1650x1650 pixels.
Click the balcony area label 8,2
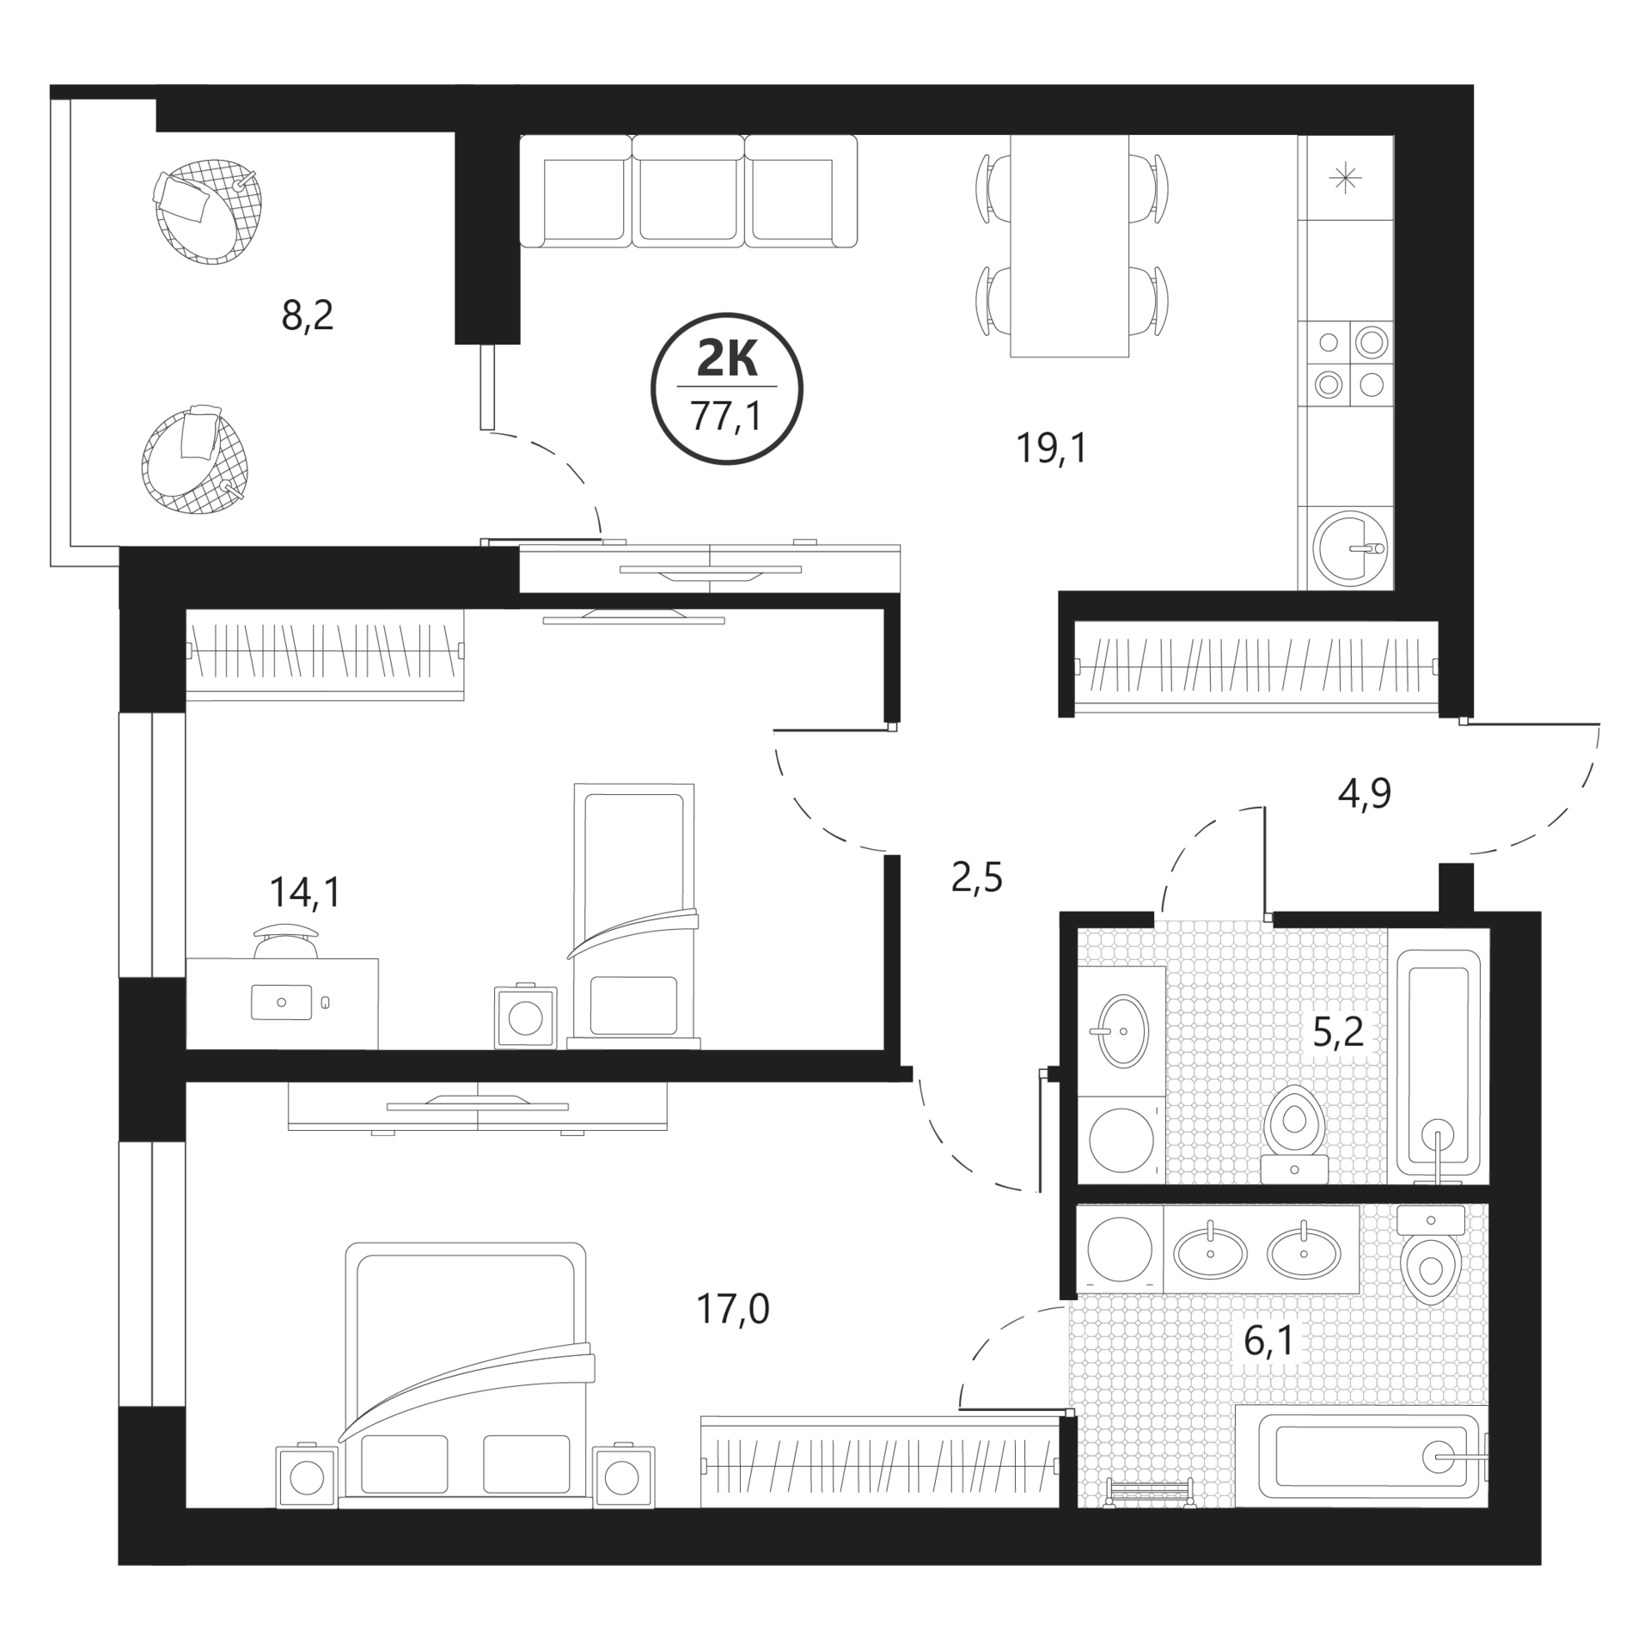click(x=307, y=316)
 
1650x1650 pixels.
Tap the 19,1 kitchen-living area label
click(x=1051, y=448)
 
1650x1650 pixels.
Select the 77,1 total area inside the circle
click(x=726, y=417)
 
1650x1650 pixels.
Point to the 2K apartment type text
click(x=727, y=358)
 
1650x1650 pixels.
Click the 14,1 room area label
click(x=305, y=892)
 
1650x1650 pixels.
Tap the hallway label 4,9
click(x=1365, y=793)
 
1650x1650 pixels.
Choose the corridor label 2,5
click(x=977, y=878)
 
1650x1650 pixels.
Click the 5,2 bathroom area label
click(x=1338, y=1030)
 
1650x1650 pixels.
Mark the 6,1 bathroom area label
click(x=1268, y=1340)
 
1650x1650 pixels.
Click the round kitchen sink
click(x=1350, y=547)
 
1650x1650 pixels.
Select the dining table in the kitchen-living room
click(x=1069, y=246)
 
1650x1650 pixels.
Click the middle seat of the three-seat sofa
click(x=687, y=192)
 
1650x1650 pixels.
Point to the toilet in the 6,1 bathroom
click(x=1431, y=1254)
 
